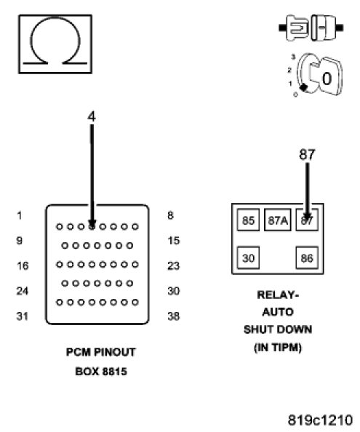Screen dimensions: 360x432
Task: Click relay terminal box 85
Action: [x=248, y=220]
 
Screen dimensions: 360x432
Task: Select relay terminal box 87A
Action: [x=278, y=220]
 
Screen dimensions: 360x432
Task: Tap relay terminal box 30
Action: [x=248, y=257]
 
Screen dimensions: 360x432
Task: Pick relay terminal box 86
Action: [x=307, y=257]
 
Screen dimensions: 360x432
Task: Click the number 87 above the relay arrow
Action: [x=307, y=155]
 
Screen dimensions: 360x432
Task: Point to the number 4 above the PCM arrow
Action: [x=92, y=116]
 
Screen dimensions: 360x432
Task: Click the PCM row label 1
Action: [x=20, y=215]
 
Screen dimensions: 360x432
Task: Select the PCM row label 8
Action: [x=170, y=215]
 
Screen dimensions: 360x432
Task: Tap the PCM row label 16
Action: [x=23, y=266]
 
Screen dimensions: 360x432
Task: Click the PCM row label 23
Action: [x=174, y=266]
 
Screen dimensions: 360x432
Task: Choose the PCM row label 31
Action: [x=23, y=316]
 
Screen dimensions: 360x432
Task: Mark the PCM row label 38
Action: [x=174, y=316]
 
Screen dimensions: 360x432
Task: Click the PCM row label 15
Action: [x=174, y=241]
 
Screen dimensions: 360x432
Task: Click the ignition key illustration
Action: [x=317, y=75]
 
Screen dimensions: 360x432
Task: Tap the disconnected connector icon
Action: [x=311, y=28]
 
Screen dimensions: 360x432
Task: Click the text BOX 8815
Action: [x=101, y=372]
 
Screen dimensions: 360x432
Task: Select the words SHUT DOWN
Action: [x=278, y=329]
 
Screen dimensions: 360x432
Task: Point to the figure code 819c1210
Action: [x=320, y=420]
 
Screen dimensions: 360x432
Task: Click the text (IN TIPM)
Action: [x=278, y=348]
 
